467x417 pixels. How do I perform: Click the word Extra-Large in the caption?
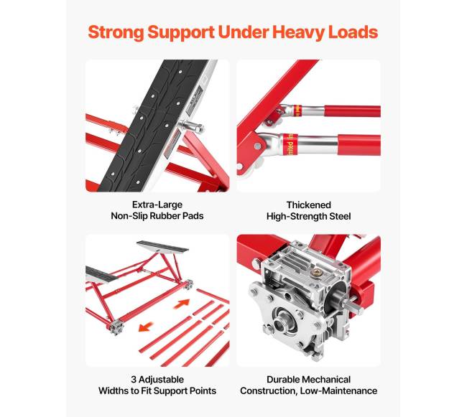click(x=157, y=205)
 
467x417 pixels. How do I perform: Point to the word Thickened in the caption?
click(x=308, y=205)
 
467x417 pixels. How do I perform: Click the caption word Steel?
click(x=340, y=216)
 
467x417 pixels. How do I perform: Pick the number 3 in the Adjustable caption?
click(x=134, y=379)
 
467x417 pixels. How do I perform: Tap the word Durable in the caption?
click(x=282, y=379)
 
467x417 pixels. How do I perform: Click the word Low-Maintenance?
click(x=338, y=390)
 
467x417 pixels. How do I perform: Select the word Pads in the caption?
click(x=194, y=215)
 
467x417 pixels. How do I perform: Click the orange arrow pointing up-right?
click(x=182, y=304)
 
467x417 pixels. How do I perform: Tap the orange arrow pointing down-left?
click(x=147, y=327)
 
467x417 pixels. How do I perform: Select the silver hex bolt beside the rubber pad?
click(x=193, y=126)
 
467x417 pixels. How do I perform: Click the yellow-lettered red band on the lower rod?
click(x=289, y=145)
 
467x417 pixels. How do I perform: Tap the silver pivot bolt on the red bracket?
click(x=257, y=146)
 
